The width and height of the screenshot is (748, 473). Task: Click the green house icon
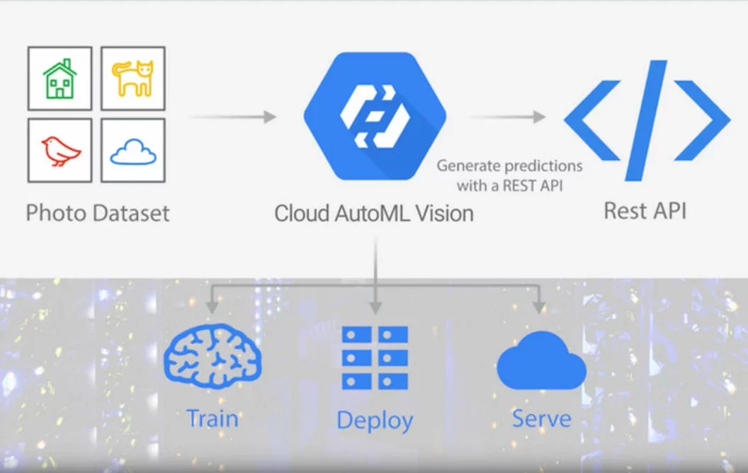tap(59, 79)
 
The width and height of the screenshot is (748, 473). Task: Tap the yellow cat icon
tap(133, 78)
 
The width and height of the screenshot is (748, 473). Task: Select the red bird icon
tap(61, 151)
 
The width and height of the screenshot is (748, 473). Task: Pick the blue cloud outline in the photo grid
tap(133, 152)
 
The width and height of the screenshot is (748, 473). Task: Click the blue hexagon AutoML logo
tap(375, 116)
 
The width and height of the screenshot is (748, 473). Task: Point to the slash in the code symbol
tap(646, 120)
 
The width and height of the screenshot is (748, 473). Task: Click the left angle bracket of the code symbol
tap(591, 120)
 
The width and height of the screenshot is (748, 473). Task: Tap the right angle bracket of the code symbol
tap(702, 120)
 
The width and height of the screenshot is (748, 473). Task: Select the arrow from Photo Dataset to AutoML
tap(233, 117)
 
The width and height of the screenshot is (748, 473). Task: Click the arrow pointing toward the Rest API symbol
tap(508, 117)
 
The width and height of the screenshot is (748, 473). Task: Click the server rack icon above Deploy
tap(375, 358)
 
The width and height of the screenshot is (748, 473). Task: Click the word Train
tap(212, 418)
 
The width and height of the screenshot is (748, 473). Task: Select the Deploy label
tap(375, 421)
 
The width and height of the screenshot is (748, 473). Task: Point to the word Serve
tap(541, 418)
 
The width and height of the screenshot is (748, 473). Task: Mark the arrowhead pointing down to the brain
tap(212, 306)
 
